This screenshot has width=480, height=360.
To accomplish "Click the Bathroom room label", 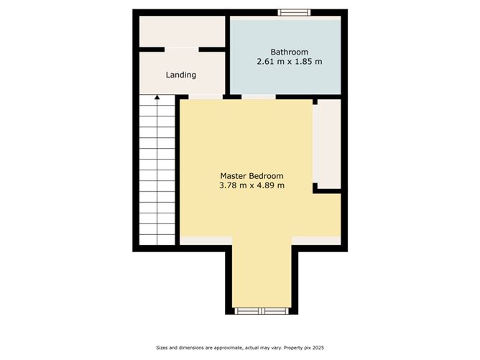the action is point(290,52).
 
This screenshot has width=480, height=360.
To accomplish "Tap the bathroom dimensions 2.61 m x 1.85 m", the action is point(290,62).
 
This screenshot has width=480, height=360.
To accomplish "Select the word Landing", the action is point(181,75).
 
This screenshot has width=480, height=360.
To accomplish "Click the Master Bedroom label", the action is point(252,176).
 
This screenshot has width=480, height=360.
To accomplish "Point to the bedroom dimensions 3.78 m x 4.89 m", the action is point(252,185).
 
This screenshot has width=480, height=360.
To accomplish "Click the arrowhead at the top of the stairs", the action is point(157,97).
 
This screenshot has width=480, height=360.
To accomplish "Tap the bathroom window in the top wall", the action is point(294,12).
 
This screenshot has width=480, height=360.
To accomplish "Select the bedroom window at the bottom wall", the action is point(262,311).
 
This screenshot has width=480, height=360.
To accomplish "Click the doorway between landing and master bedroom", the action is point(206,97).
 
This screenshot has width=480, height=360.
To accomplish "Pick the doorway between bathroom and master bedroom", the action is point(259,97).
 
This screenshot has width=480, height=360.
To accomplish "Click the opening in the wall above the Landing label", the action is point(182,50).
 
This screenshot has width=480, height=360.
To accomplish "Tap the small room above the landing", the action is point(182,32).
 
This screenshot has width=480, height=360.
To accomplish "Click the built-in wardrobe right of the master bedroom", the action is point(327,144).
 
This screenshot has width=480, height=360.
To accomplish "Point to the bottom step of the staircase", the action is point(157,240).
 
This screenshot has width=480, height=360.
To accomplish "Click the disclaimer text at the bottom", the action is point(240,348).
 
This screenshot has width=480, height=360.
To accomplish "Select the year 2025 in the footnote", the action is point(318,348).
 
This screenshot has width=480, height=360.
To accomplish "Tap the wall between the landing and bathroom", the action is point(228,55).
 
